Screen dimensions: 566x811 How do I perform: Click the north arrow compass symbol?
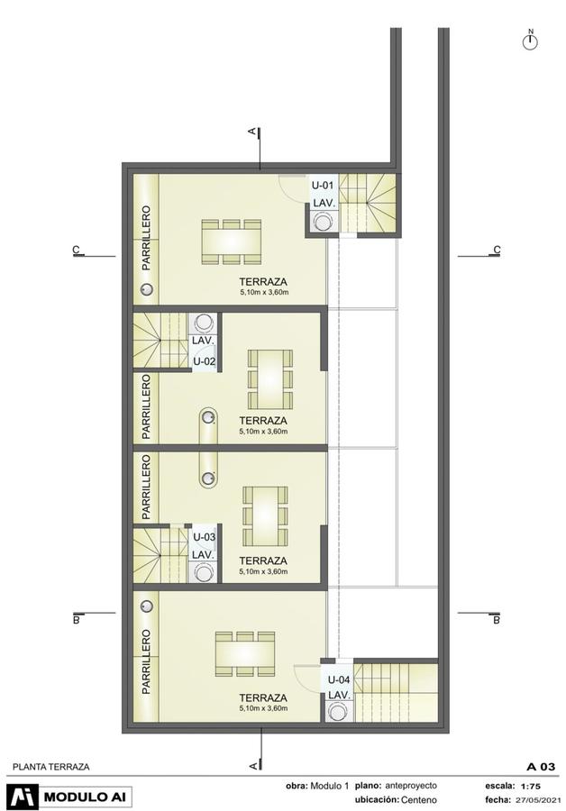click(x=530, y=41)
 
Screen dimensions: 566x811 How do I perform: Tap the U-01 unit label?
click(x=323, y=185)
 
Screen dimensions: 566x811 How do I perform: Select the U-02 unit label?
click(x=205, y=361)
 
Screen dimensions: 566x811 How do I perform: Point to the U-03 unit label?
click(x=205, y=537)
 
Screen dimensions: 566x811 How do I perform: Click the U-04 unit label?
click(x=339, y=679)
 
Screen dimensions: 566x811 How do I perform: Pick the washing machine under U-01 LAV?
click(x=324, y=223)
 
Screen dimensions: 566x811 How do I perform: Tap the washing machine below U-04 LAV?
click(x=339, y=712)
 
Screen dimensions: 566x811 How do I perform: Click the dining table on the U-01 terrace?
click(x=231, y=242)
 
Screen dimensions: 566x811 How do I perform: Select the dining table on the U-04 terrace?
click(x=245, y=654)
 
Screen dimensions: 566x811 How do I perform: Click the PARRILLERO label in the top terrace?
click(x=146, y=238)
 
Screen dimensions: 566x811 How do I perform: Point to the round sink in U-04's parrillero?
click(x=147, y=606)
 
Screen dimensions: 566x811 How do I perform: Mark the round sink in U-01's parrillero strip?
click(x=147, y=289)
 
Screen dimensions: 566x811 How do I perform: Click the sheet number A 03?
click(x=541, y=767)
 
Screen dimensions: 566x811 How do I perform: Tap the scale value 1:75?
click(x=531, y=786)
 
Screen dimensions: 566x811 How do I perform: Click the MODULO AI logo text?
click(x=85, y=797)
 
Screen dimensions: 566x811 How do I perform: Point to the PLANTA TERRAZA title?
click(x=50, y=767)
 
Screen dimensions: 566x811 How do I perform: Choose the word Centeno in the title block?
click(x=418, y=799)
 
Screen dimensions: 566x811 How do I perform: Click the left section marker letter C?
click(x=77, y=250)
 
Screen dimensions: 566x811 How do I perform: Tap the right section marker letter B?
click(x=497, y=619)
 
